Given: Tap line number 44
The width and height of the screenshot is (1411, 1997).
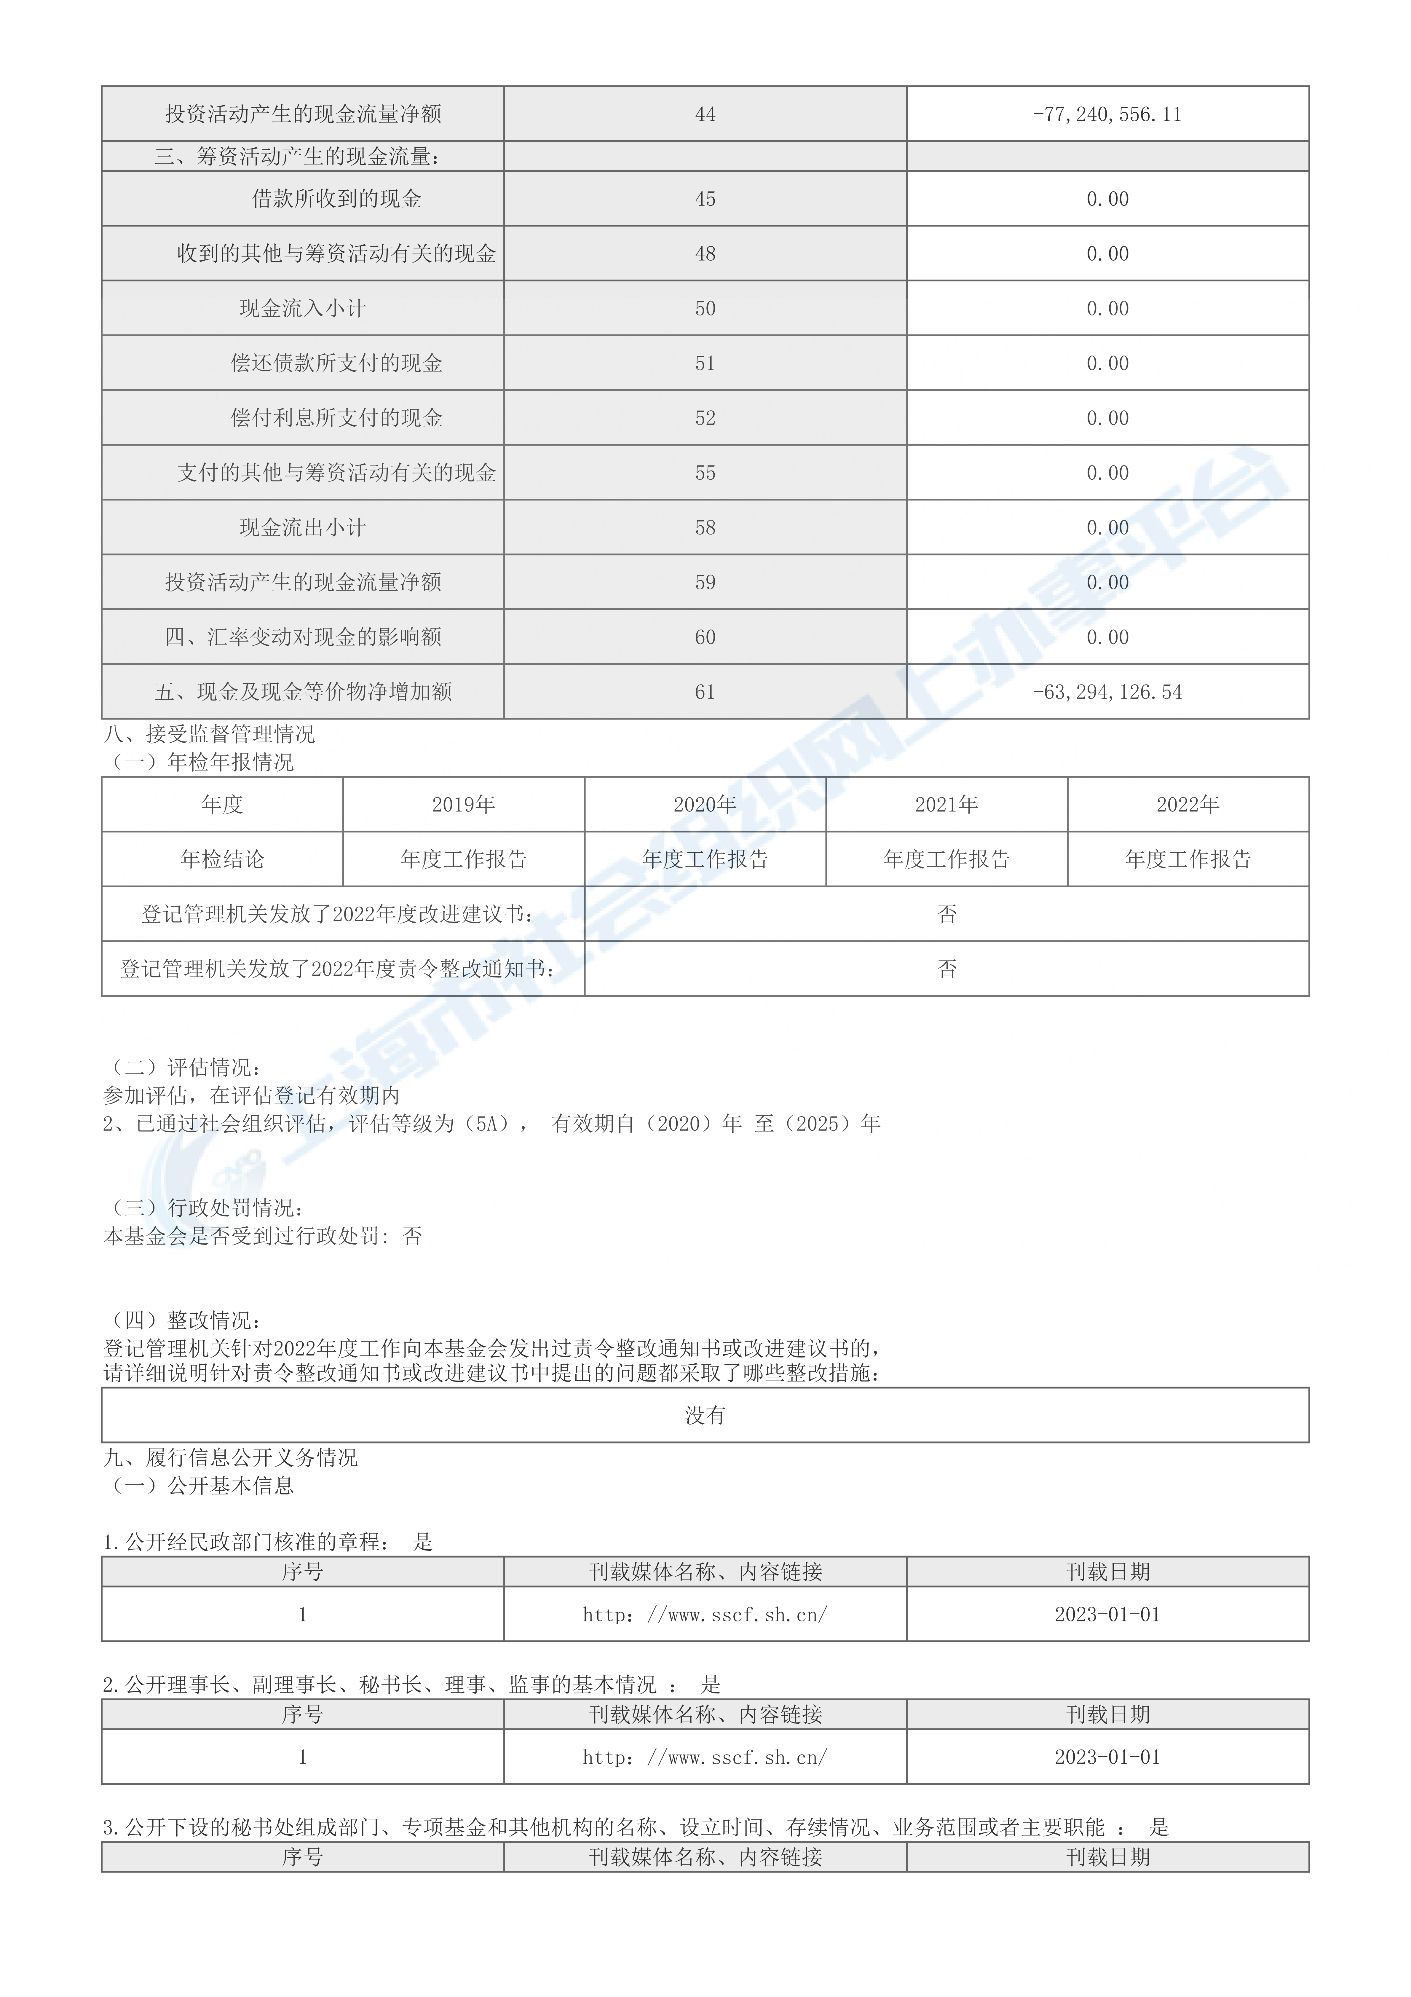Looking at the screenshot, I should (705, 114).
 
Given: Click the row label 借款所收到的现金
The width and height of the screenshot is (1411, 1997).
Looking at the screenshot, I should (337, 199).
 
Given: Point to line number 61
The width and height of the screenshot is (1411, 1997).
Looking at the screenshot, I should (705, 692).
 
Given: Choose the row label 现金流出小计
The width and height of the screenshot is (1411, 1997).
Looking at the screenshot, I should (303, 528).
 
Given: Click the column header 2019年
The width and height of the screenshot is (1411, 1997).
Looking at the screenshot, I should (464, 805).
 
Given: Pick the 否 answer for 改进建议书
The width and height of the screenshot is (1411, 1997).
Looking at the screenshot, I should (946, 914).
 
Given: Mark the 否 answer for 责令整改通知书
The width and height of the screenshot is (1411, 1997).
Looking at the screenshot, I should (946, 969).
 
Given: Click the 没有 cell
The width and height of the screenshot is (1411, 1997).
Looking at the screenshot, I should (705, 1415).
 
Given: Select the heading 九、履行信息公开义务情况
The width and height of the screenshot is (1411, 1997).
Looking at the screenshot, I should (231, 1458).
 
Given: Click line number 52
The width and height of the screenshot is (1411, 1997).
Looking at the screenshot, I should (705, 418).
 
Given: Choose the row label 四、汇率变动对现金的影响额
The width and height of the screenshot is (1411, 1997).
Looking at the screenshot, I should (303, 637).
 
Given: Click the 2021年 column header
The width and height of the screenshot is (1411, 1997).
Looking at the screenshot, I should (946, 805).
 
